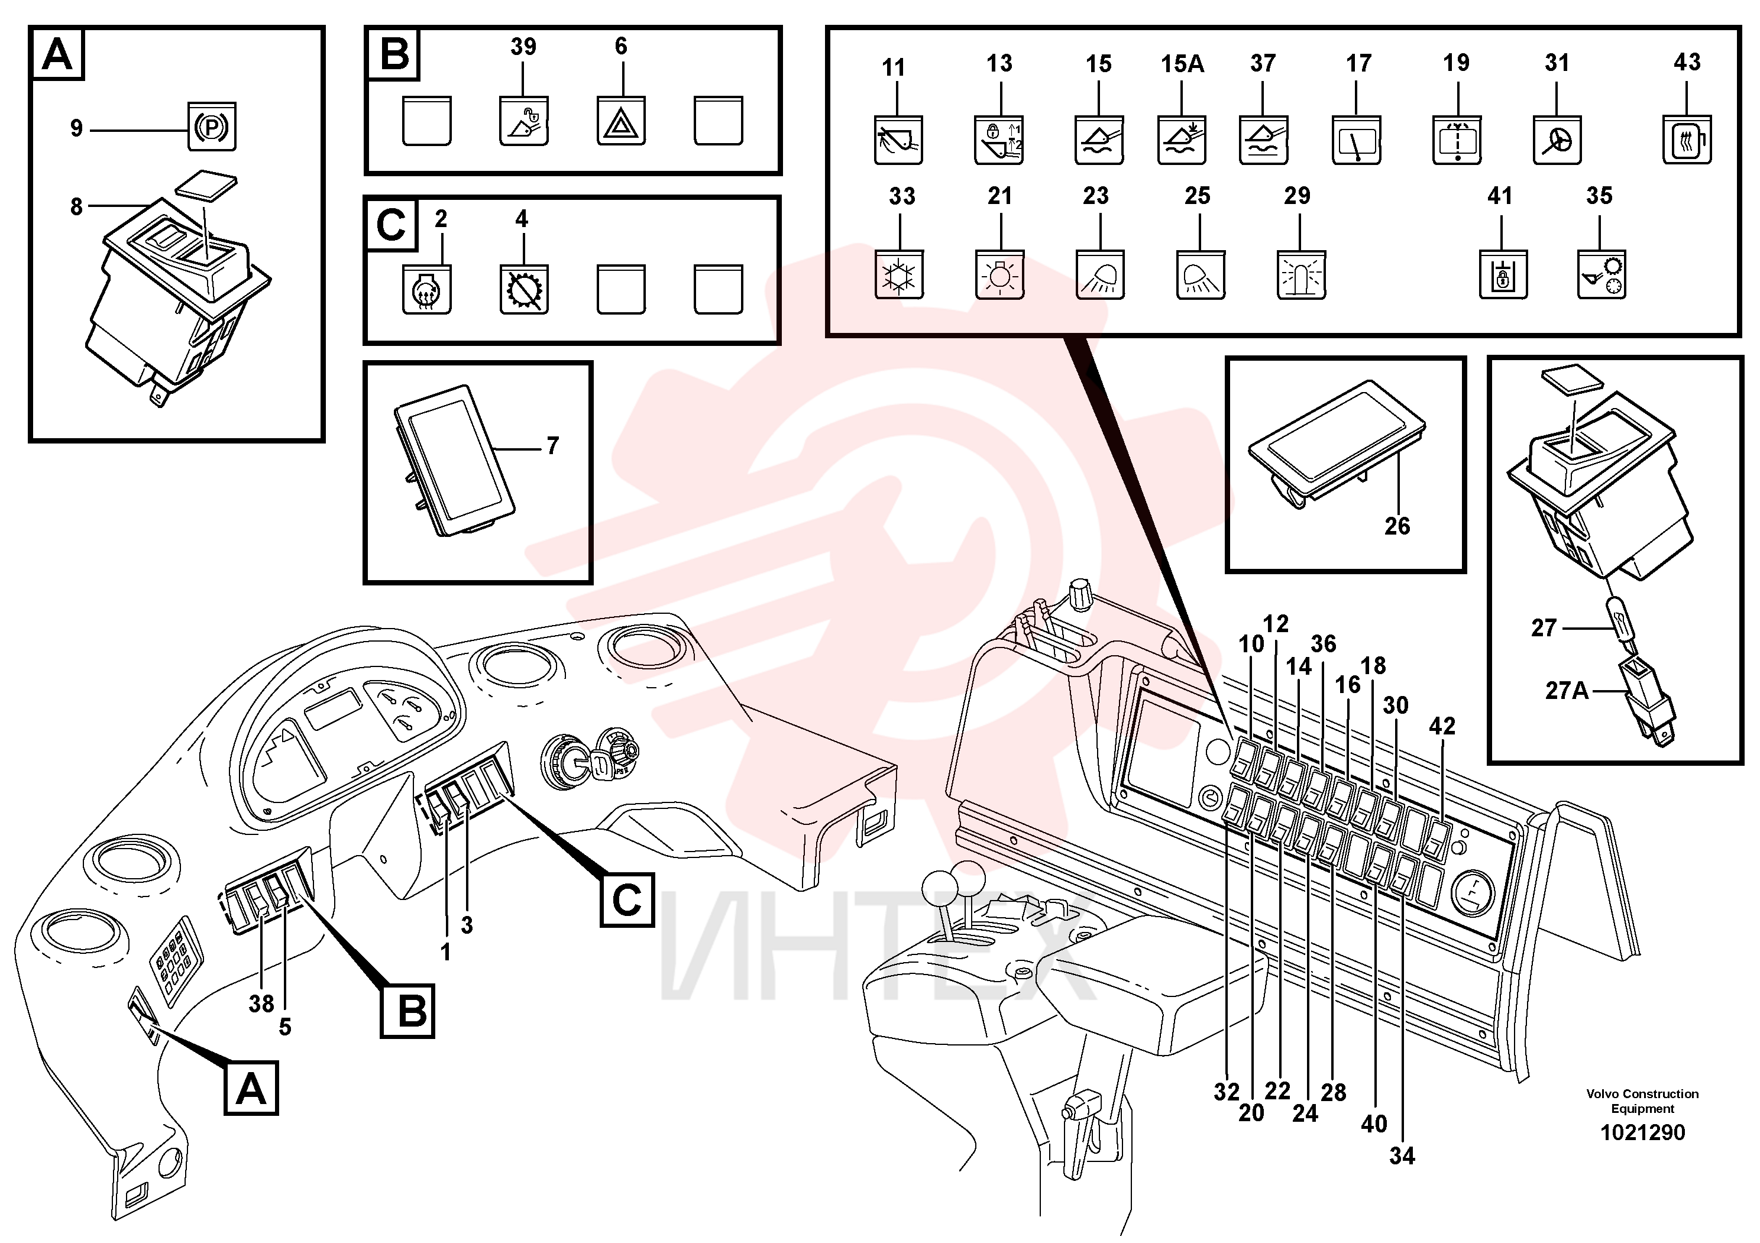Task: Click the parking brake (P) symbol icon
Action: tap(212, 127)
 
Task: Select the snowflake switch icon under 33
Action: tap(898, 274)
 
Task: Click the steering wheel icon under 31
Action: tap(1557, 140)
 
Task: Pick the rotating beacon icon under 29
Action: tap(1301, 274)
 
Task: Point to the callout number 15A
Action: tap(1182, 64)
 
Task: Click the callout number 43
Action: tap(1687, 62)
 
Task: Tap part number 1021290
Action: tap(1642, 1132)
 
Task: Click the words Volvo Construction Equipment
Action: tap(1642, 1101)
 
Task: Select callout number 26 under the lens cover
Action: tap(1397, 526)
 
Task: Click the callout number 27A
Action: tap(1567, 691)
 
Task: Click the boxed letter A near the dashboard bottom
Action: tap(251, 1088)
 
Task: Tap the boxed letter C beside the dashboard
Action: tap(627, 899)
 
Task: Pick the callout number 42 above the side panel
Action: tap(1442, 726)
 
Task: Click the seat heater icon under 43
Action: tap(1687, 140)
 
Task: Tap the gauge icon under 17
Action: tap(1356, 140)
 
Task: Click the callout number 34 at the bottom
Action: tap(1402, 1155)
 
